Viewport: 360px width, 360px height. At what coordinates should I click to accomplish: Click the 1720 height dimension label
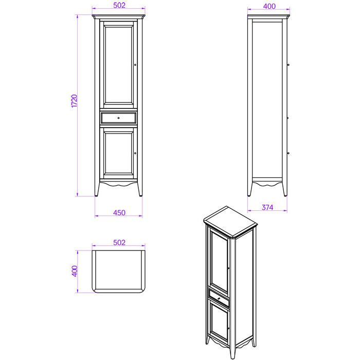[74, 101]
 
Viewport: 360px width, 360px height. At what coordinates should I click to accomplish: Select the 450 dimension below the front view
[119, 213]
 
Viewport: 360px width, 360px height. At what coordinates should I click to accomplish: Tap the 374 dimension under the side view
[267, 208]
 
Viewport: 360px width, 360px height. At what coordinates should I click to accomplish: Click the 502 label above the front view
[119, 5]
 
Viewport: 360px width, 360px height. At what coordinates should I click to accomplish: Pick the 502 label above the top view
[119, 243]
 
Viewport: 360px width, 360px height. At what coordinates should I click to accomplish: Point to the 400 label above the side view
[269, 6]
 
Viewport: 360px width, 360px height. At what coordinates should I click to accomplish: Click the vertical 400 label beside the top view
[75, 271]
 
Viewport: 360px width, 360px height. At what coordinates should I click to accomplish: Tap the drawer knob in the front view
[118, 118]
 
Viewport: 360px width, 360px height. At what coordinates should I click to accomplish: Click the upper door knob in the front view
[135, 65]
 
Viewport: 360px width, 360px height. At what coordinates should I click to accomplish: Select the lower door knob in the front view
[135, 153]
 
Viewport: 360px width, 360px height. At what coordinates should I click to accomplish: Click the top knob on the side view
[288, 65]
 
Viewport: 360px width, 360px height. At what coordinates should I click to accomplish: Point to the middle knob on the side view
[288, 118]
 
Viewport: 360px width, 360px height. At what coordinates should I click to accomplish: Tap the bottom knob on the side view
[288, 153]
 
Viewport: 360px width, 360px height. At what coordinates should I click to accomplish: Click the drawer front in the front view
[118, 118]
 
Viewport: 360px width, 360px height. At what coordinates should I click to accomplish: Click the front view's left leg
[97, 189]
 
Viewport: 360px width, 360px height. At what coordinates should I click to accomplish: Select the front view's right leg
[140, 189]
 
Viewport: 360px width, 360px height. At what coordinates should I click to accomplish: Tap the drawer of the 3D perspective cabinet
[219, 298]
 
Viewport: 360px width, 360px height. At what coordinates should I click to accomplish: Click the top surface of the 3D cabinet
[230, 221]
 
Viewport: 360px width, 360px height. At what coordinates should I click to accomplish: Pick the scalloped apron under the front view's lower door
[118, 183]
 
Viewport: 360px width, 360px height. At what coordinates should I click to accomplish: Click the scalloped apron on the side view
[267, 184]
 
